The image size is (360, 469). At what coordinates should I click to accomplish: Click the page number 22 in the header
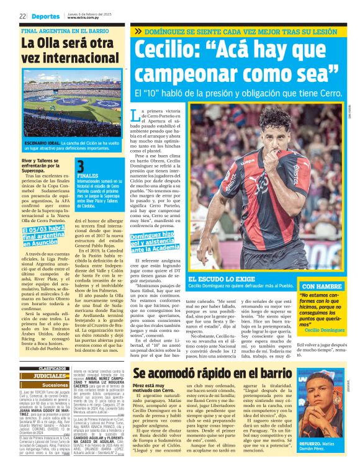tap(22, 17)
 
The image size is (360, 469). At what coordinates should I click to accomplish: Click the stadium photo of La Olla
tap(72, 105)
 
